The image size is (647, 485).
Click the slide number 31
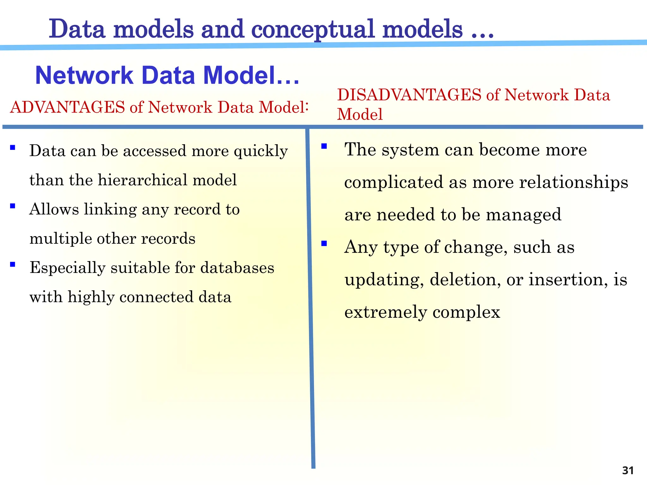click(628, 470)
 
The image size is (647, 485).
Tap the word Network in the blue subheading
click(84, 76)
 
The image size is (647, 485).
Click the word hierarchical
click(142, 180)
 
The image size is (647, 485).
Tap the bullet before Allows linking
click(13, 206)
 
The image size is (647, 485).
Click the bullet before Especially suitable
click(13, 264)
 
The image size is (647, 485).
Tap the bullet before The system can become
click(324, 146)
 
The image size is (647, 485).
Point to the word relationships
click(573, 183)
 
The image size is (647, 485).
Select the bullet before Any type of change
click(324, 243)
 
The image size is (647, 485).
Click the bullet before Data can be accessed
click(13, 147)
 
